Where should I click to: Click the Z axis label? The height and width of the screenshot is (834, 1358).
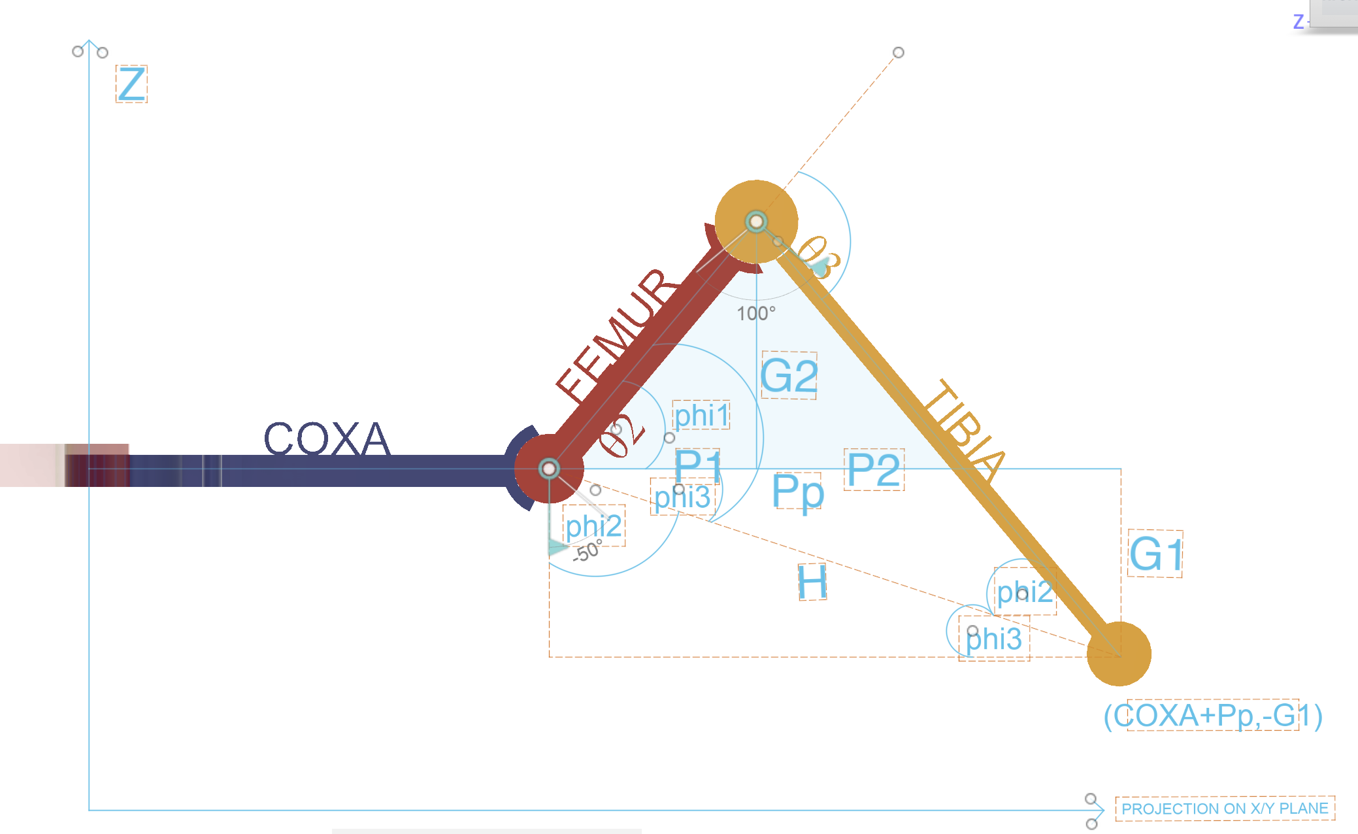[x=131, y=84]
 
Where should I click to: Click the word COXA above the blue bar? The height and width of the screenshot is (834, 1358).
[x=327, y=438]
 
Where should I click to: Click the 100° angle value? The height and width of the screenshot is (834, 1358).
[x=756, y=314]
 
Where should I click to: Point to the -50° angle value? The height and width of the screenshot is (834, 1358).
[x=587, y=551]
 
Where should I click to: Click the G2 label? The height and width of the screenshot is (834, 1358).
[x=789, y=375]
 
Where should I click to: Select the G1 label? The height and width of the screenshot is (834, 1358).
[x=1155, y=554]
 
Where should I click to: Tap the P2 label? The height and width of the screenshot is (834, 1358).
[x=874, y=469]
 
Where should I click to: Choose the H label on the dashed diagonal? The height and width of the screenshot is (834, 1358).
[x=812, y=582]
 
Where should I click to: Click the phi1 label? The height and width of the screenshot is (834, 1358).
[x=701, y=415]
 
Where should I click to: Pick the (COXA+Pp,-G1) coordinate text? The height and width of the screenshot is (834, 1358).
[x=1213, y=715]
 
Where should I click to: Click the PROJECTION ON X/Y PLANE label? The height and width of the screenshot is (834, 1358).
[x=1225, y=809]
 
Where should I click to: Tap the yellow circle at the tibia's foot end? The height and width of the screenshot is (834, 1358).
[x=1119, y=654]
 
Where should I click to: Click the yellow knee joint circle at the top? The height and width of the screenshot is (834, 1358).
[x=756, y=222]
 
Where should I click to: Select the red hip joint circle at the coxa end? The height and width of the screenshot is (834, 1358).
[x=549, y=469]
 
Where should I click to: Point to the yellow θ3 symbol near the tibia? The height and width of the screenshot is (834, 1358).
[x=818, y=257]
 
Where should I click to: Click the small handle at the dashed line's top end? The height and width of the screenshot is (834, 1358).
[x=899, y=52]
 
